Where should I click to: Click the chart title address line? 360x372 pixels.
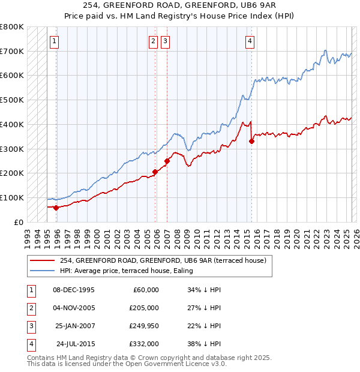tap(180, 5)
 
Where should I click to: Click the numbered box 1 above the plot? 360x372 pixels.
tap(55, 41)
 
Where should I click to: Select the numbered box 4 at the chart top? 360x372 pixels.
tap(250, 41)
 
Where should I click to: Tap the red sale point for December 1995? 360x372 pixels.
tap(56, 208)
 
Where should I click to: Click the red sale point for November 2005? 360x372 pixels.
tap(155, 172)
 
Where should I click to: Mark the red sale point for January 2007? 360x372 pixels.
tap(167, 161)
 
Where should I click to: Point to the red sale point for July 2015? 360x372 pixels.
tap(251, 141)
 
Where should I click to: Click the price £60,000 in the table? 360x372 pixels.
tap(145, 290)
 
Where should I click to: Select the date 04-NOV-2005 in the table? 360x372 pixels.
tap(74, 308)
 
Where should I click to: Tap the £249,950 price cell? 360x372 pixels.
tap(143, 326)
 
